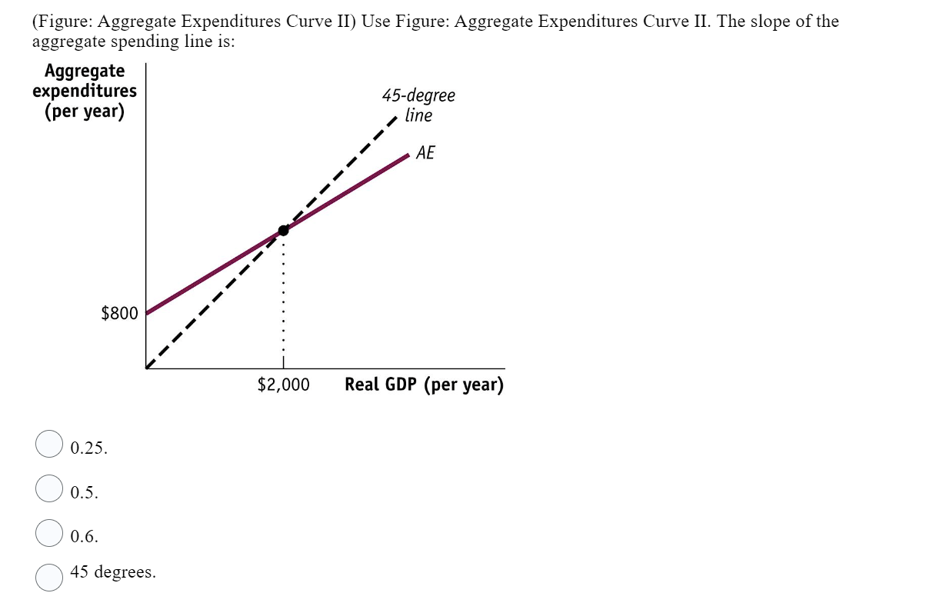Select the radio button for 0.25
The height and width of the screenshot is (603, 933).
click(50, 444)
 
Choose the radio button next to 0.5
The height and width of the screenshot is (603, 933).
click(50, 488)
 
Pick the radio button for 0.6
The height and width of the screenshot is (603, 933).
click(50, 532)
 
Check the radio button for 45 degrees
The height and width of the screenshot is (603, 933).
click(50, 576)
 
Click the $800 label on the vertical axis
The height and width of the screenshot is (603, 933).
click(119, 313)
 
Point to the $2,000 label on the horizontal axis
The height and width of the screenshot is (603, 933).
click(283, 385)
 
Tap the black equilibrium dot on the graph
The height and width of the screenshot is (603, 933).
click(283, 230)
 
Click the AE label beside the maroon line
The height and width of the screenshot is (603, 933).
click(425, 153)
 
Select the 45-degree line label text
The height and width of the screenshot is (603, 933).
click(418, 105)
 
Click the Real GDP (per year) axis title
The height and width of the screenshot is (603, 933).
click(424, 385)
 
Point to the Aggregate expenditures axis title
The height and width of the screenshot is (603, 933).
click(85, 91)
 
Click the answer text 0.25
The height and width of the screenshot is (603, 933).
click(88, 448)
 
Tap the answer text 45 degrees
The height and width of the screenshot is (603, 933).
click(112, 571)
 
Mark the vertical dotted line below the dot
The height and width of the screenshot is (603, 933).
click(283, 300)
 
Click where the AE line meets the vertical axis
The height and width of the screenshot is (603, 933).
click(146, 313)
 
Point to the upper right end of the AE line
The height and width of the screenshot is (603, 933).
click(408, 155)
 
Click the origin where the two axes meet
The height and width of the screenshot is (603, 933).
click(146, 368)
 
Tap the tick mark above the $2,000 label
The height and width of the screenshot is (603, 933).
click(283, 363)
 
